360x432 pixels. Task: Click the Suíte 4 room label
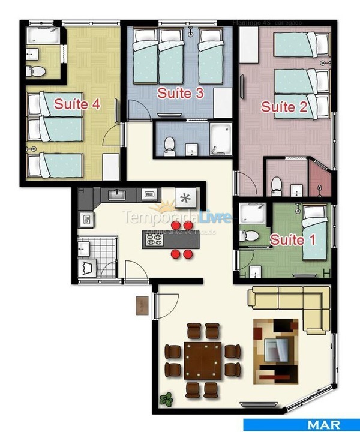pyautogui.click(x=77, y=104)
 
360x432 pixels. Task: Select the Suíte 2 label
pyautogui.click(x=284, y=107)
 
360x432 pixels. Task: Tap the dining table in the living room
pyautogui.click(x=203, y=360)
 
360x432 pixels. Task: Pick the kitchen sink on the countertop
pyautogui.click(x=116, y=194)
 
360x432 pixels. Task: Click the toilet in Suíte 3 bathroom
pyautogui.click(x=170, y=144)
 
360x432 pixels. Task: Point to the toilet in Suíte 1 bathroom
pyautogui.click(x=246, y=236)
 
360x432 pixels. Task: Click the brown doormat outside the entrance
pyautogui.click(x=142, y=305)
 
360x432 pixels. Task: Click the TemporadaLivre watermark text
pyautogui.click(x=176, y=217)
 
